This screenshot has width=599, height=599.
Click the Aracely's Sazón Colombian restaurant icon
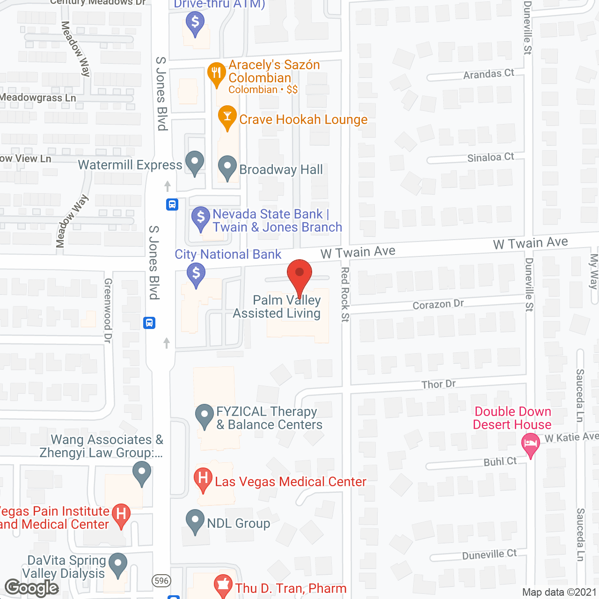click(x=216, y=73)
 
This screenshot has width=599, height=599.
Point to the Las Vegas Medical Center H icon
click(x=203, y=479)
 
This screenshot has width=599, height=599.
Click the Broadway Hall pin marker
click(x=227, y=167)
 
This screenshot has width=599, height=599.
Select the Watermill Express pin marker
click(x=195, y=162)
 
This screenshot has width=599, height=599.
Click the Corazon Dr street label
click(x=438, y=304)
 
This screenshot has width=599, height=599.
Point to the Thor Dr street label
click(x=438, y=384)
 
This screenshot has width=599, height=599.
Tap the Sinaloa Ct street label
click(x=490, y=157)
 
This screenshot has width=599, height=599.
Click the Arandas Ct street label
click(x=489, y=74)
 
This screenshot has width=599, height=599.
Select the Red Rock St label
click(x=345, y=294)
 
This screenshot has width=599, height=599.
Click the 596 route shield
click(x=161, y=581)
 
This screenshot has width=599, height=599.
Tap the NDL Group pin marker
click(x=195, y=521)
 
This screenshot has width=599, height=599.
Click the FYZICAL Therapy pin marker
click(x=204, y=415)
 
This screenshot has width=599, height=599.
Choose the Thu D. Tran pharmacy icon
click(x=223, y=585)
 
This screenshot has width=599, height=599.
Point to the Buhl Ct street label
click(x=500, y=462)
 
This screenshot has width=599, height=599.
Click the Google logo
click(x=32, y=588)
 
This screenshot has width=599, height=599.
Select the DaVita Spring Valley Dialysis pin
click(x=117, y=564)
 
